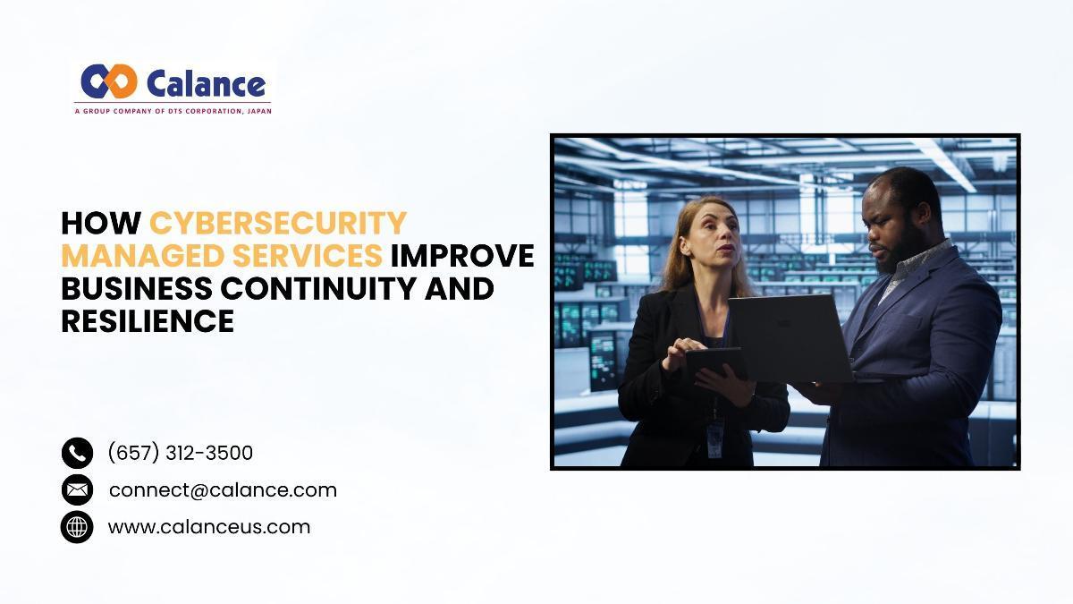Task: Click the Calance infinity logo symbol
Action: pyautogui.click(x=109, y=81)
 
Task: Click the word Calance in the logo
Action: pyautogui.click(x=206, y=84)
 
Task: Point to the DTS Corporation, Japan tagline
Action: pyautogui.click(x=173, y=111)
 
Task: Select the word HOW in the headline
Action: pyautogui.click(x=101, y=224)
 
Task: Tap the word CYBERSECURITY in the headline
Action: pyautogui.click(x=278, y=224)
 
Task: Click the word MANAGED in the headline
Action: pyautogui.click(x=143, y=256)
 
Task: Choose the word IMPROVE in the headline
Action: pyautogui.click(x=462, y=256)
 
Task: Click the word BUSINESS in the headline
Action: pyautogui.click(x=137, y=288)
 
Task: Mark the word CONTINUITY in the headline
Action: pyautogui.click(x=318, y=288)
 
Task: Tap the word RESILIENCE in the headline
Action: pyautogui.click(x=148, y=320)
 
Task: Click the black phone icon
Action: pyautogui.click(x=77, y=453)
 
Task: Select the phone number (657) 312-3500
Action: pyautogui.click(x=180, y=453)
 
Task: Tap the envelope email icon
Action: pyautogui.click(x=77, y=490)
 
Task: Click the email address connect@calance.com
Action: pyautogui.click(x=223, y=490)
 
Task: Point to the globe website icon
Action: pyautogui.click(x=77, y=527)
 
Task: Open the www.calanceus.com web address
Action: pyautogui.click(x=209, y=527)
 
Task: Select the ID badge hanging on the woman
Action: pyautogui.click(x=714, y=439)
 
